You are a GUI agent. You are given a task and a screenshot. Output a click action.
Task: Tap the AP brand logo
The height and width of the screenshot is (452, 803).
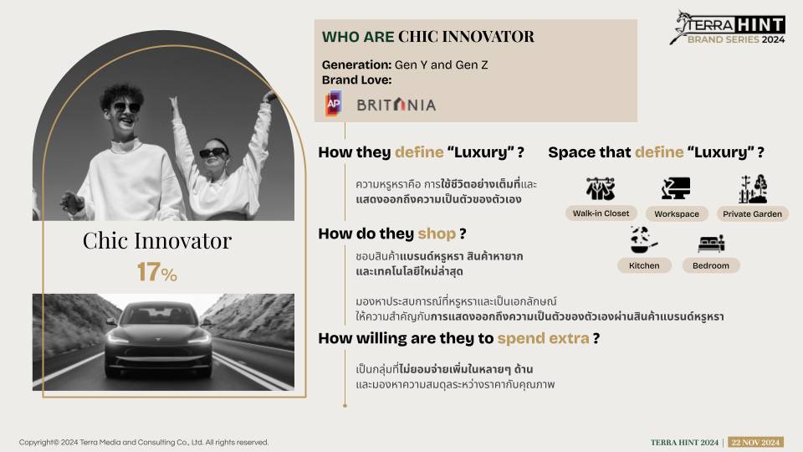334,104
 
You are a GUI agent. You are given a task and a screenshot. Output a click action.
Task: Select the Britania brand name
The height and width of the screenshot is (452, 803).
396,105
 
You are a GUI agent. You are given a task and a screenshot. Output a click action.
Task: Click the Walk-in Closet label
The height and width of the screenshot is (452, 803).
601,213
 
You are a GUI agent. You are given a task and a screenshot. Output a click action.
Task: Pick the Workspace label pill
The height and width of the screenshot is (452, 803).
677,213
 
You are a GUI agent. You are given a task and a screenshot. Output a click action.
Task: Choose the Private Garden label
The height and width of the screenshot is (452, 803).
752,213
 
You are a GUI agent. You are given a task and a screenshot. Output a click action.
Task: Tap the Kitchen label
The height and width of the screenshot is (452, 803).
644,265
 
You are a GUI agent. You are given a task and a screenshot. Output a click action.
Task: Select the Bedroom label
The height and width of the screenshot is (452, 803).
711,265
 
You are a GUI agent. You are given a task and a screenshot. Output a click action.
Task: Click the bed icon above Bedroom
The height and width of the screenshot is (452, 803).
711,243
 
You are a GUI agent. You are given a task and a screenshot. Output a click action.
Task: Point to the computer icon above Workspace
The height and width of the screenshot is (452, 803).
676,188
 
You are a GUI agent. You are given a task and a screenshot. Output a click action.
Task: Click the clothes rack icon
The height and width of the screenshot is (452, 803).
601,188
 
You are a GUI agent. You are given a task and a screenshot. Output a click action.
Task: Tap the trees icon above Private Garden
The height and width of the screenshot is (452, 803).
753,188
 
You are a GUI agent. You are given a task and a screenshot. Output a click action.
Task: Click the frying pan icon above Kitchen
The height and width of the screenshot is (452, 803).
643,240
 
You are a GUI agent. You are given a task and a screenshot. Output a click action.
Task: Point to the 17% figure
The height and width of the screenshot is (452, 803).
156,271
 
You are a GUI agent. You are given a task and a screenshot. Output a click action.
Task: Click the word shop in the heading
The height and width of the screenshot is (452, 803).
437,234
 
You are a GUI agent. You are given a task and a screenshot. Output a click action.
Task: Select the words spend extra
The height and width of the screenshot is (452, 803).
544,338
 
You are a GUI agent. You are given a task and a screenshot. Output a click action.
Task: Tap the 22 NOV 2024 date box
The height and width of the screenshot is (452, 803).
755,442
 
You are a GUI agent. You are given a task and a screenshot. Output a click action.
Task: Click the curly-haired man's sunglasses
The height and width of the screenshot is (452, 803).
125,107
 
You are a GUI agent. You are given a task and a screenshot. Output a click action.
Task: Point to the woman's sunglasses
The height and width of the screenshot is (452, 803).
213,152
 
